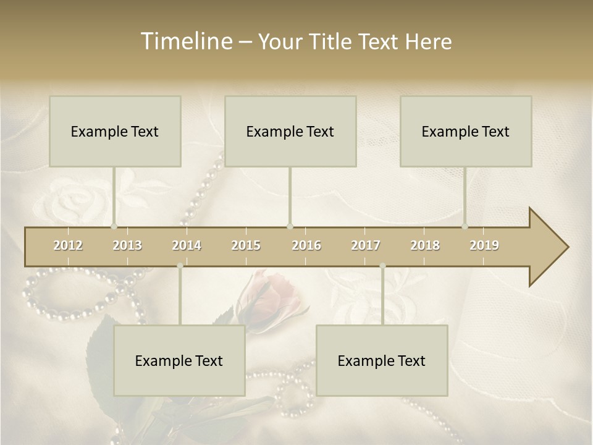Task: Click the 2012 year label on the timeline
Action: pos(68,245)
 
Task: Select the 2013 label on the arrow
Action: pos(127,245)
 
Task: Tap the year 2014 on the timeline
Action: pos(187,245)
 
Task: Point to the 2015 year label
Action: pos(246,245)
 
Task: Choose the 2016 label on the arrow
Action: pos(306,245)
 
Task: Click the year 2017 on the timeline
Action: pos(366,245)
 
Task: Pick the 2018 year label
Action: pos(425,245)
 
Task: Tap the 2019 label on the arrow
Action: pos(484,245)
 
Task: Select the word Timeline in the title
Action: pos(186,41)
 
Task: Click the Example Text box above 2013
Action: pos(115,131)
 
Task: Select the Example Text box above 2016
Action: pos(290,131)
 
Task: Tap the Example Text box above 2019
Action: pos(466,131)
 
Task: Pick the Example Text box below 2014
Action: pos(179,360)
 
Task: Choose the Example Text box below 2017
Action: pos(382,360)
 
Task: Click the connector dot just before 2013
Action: pos(114,226)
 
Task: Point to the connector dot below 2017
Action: pos(382,266)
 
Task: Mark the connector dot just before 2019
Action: pos(465,226)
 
